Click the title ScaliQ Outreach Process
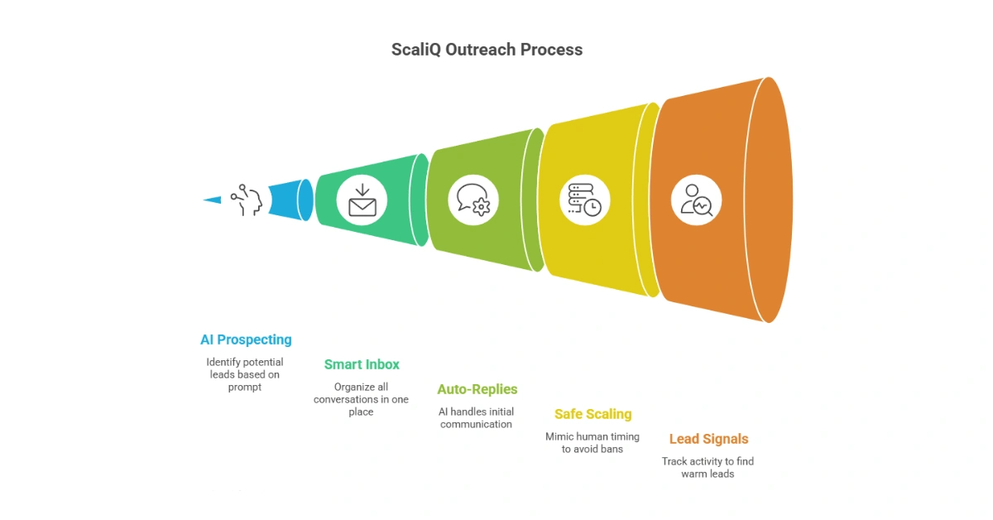(x=487, y=50)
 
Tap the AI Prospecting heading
(x=246, y=339)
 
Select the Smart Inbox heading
(x=362, y=364)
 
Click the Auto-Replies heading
(x=477, y=389)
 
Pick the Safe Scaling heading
(x=592, y=414)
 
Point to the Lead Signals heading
(x=708, y=439)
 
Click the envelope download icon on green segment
(x=362, y=200)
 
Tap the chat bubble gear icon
(x=473, y=200)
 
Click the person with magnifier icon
(x=696, y=200)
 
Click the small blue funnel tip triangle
(x=213, y=200)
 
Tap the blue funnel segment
(x=290, y=200)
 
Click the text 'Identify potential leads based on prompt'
(x=245, y=374)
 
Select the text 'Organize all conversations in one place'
(x=361, y=399)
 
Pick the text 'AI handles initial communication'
(x=476, y=418)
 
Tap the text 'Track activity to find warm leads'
(x=708, y=467)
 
